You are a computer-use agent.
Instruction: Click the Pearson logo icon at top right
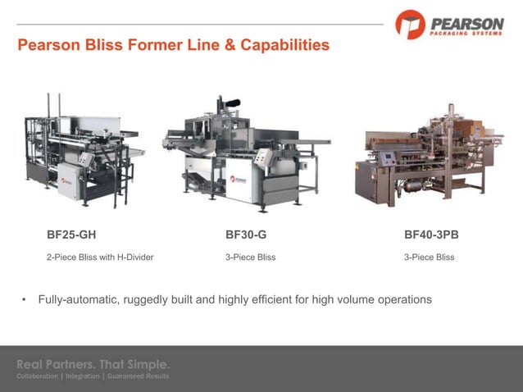(x=410, y=24)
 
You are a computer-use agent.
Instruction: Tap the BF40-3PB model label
(x=431, y=235)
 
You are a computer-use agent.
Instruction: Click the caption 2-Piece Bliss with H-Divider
(x=100, y=258)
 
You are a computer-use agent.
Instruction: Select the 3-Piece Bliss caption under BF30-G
(x=250, y=258)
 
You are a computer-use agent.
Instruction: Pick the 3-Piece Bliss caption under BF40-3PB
(x=429, y=258)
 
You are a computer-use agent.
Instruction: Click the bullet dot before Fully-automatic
(x=25, y=300)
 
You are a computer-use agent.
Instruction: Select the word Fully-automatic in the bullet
(x=79, y=300)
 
